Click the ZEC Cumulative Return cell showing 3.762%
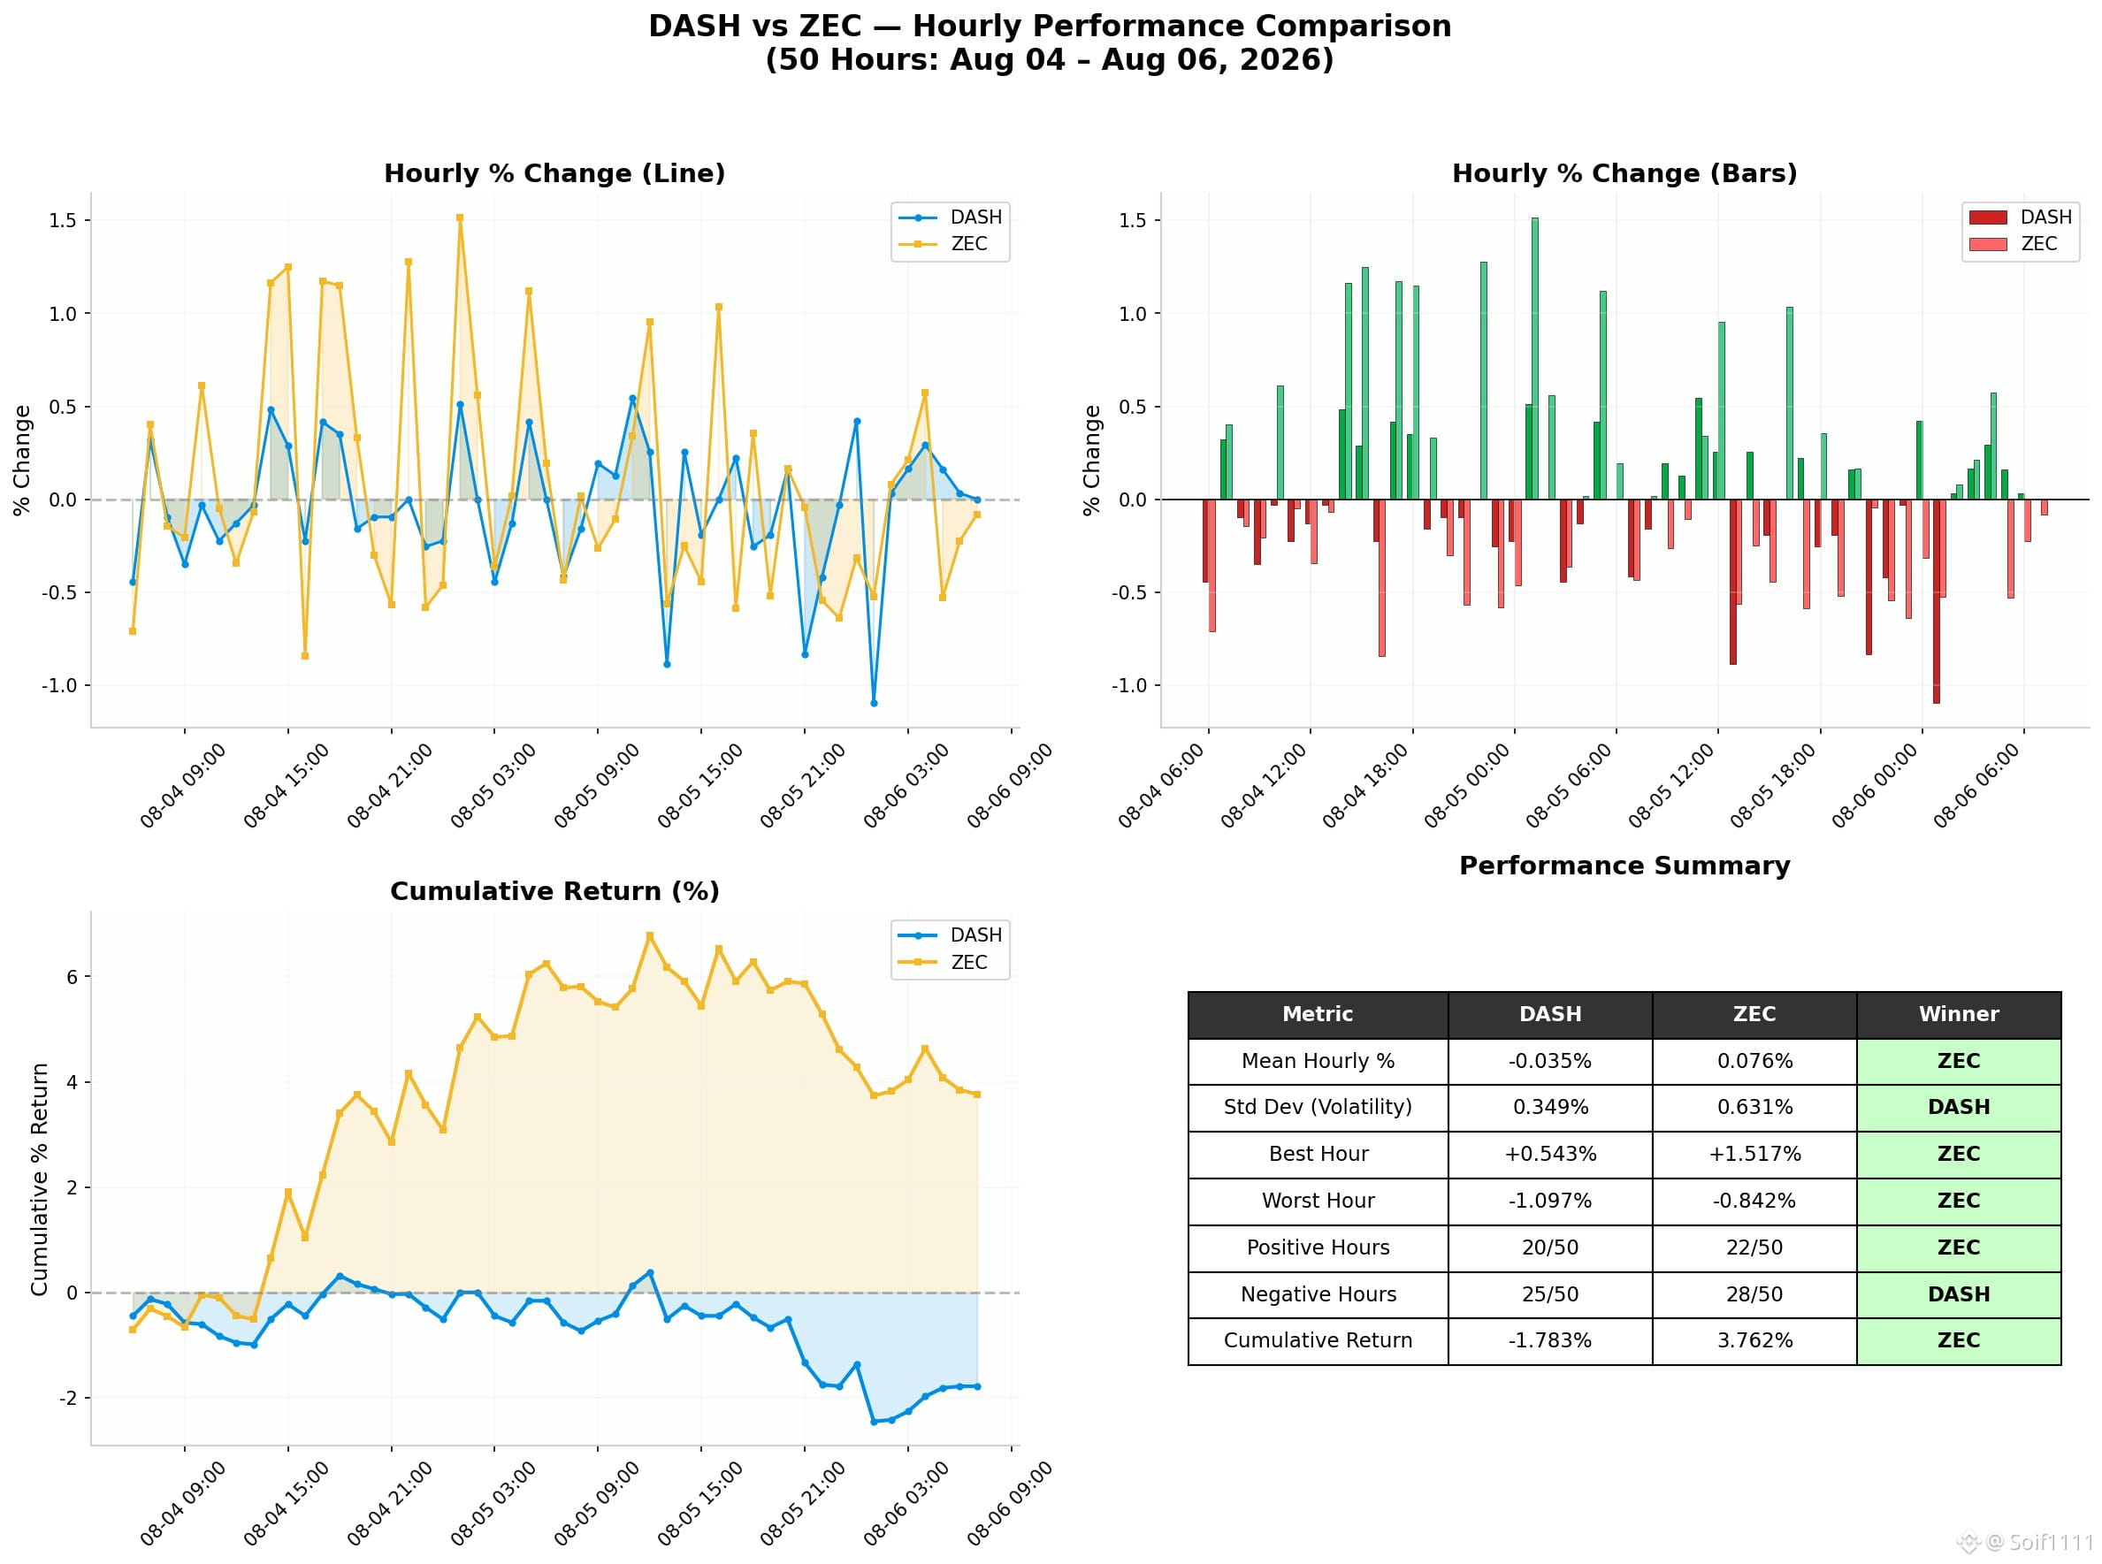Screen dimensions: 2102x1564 [x=1754, y=1340]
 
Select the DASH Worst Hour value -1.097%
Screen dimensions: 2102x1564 [x=1550, y=1201]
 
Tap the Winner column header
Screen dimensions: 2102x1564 [x=1958, y=1014]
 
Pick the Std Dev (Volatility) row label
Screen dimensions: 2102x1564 [x=1317, y=1107]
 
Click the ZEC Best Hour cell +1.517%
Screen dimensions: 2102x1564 [x=1754, y=1154]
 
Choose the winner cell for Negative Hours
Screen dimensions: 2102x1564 [x=1958, y=1294]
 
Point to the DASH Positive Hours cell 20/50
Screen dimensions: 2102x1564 [x=1550, y=1247]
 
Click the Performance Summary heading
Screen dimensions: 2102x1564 [x=1624, y=866]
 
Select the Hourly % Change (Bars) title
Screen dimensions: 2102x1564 [x=1624, y=173]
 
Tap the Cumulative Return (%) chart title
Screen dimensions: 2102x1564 [x=554, y=891]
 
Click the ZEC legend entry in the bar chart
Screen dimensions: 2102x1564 [x=2022, y=244]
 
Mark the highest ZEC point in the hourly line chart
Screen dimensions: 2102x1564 [x=460, y=217]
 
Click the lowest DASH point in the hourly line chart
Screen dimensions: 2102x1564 [x=874, y=704]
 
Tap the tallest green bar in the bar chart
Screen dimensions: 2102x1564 [x=1535, y=359]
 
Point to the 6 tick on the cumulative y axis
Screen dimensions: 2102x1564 [x=72, y=977]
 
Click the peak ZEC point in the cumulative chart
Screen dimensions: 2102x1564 [x=650, y=935]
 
